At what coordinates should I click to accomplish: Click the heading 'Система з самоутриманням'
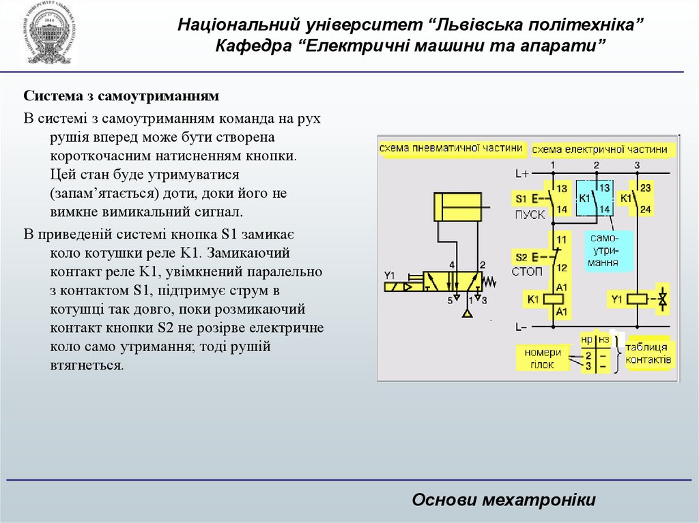121,97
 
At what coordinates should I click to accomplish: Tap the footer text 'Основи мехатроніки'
504,500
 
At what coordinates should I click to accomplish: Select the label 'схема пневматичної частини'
452,148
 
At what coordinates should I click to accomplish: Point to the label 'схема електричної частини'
599,149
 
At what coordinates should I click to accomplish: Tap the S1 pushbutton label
523,199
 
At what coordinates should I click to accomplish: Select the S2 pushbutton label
523,256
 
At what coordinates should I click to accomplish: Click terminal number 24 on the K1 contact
646,209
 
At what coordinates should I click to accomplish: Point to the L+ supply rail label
522,174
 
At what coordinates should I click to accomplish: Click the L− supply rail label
522,327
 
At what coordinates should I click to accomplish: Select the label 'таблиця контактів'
649,353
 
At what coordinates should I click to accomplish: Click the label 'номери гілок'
543,358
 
